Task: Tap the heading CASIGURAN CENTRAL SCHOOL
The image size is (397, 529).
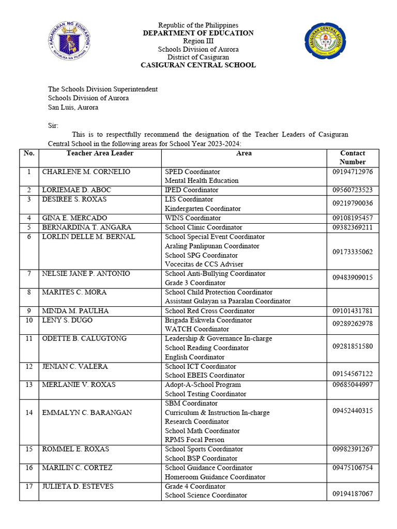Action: [x=198, y=65]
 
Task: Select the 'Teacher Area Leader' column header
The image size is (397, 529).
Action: [x=100, y=153]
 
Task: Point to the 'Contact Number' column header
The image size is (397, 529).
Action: [x=353, y=158]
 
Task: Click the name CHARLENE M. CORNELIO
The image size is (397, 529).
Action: [x=86, y=172]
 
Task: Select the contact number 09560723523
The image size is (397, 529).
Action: [x=353, y=190]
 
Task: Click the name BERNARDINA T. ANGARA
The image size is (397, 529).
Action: [x=86, y=227]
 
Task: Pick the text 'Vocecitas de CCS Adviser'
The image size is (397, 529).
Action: [x=202, y=264]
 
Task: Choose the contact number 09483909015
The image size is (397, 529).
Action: [x=353, y=278]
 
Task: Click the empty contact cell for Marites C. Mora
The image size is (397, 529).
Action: [x=353, y=297]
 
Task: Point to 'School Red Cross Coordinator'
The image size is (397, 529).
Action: [x=209, y=311]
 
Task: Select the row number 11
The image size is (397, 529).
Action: [x=29, y=339]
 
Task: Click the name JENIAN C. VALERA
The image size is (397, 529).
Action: [x=74, y=367]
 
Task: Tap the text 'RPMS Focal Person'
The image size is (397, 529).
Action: [x=194, y=440]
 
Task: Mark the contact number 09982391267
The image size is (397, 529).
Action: [x=353, y=449]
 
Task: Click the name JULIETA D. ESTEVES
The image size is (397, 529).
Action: [x=78, y=487]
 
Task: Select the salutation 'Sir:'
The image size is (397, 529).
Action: [x=54, y=126]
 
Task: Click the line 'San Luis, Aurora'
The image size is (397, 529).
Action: [x=73, y=107]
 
